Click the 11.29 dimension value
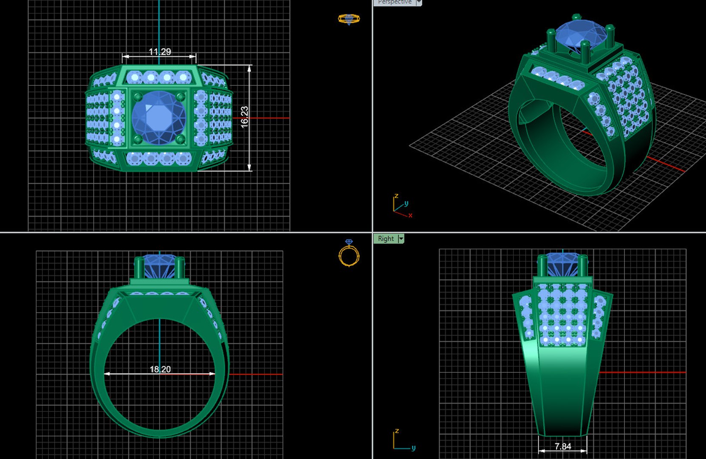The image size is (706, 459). pyautogui.click(x=160, y=52)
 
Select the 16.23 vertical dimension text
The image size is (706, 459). pyautogui.click(x=245, y=117)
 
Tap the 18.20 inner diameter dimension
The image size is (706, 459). pyautogui.click(x=160, y=369)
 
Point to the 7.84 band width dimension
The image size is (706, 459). pyautogui.click(x=563, y=446)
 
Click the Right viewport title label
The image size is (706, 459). pyautogui.click(x=386, y=239)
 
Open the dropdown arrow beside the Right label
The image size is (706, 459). pyautogui.click(x=401, y=239)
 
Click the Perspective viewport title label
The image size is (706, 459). pyautogui.click(x=394, y=2)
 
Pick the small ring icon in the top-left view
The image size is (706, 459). pyautogui.click(x=349, y=19)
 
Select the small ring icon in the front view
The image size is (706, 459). pyautogui.click(x=349, y=253)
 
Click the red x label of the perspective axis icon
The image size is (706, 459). pyautogui.click(x=410, y=215)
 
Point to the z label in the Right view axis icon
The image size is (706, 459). pyautogui.click(x=397, y=431)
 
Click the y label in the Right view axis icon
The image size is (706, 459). pyautogui.click(x=413, y=448)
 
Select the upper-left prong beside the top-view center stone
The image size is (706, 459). pyautogui.click(x=138, y=96)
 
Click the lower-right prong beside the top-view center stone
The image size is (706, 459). pyautogui.click(x=181, y=139)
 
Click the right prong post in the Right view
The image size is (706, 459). pyautogui.click(x=582, y=265)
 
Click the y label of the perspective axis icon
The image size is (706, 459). pyautogui.click(x=406, y=204)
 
